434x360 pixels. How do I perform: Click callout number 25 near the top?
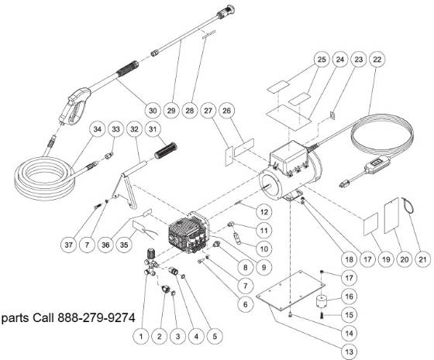pyautogui.click(x=299, y=60)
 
